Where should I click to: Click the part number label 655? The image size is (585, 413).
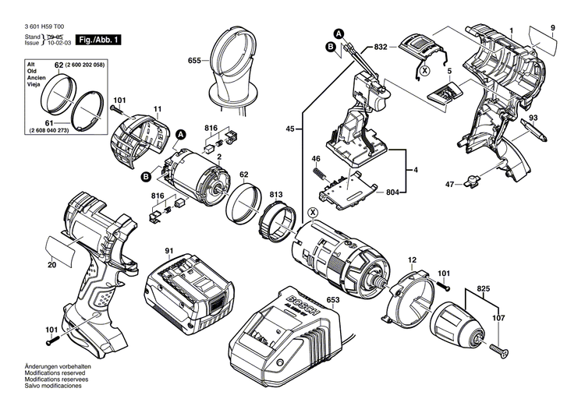[194, 61]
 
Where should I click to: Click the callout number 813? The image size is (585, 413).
[276, 193]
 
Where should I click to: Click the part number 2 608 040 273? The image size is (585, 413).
[59, 131]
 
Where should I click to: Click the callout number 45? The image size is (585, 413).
[289, 129]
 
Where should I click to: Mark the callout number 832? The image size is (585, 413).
[381, 48]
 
